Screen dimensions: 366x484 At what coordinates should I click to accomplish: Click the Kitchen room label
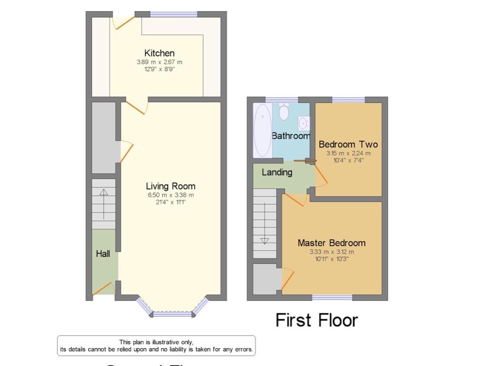coord(159,53)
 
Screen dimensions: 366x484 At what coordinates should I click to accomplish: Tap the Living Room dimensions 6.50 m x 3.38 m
coord(171,195)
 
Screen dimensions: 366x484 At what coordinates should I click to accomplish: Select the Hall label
coord(103,254)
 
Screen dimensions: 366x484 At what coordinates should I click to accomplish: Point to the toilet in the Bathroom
coord(284,112)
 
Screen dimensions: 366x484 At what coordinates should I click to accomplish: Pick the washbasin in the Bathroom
coord(304,122)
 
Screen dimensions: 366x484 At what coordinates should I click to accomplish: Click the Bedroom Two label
coord(348,144)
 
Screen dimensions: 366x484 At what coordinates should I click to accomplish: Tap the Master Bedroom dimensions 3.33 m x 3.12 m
coord(331,252)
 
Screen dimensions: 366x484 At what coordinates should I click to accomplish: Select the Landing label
coord(277,172)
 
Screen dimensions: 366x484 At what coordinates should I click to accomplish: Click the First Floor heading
coord(316,320)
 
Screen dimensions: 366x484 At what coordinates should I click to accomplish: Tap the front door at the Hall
coord(103,288)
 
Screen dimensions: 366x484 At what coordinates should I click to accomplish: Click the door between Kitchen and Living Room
coord(137,107)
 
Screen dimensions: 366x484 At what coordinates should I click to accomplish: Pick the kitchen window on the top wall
coord(174,14)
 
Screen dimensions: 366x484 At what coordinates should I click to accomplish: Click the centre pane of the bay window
coord(173,314)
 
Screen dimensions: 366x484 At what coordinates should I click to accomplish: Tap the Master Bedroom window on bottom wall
coord(332,297)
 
